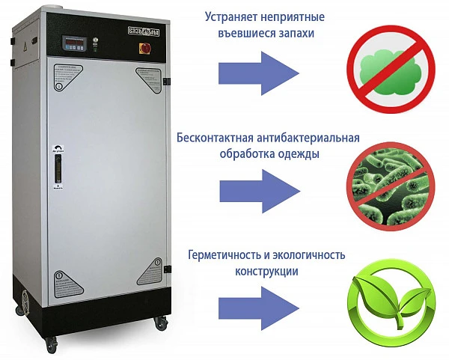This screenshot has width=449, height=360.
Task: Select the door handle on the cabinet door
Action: pos(55,165)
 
